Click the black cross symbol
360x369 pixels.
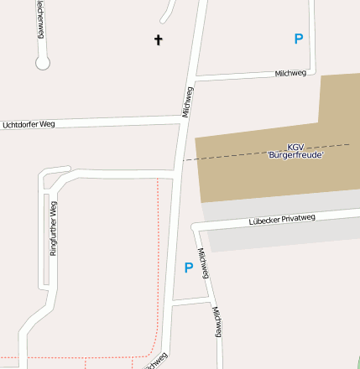(158, 39)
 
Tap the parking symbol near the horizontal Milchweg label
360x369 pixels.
(298, 39)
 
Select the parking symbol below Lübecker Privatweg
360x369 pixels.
(189, 268)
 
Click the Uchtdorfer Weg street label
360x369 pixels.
(29, 125)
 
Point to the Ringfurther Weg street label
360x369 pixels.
(53, 228)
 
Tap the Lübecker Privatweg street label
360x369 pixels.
(281, 220)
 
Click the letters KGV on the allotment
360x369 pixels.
(295, 147)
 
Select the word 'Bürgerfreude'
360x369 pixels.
(295, 155)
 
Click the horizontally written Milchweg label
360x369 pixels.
(290, 74)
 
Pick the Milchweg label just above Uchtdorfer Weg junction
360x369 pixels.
(187, 101)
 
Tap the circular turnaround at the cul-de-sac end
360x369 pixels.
(43, 62)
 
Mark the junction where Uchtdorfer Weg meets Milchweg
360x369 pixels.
(183, 122)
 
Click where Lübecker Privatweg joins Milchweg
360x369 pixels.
(196, 226)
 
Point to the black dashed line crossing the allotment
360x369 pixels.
(252, 152)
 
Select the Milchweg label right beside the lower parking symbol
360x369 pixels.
(204, 263)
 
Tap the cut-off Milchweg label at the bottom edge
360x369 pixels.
(156, 361)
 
